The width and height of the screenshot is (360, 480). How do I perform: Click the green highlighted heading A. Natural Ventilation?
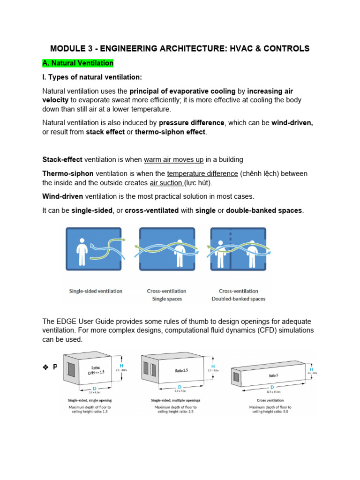[x=78, y=63]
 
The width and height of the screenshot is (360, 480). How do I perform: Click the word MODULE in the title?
[x=69, y=48]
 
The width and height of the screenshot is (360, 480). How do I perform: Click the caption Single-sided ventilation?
[x=96, y=291]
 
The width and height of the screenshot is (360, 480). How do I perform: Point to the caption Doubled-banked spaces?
[x=238, y=299]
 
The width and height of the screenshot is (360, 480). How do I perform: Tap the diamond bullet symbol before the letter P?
[x=46, y=367]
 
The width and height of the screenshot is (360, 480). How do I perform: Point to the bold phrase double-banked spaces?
[x=264, y=210]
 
